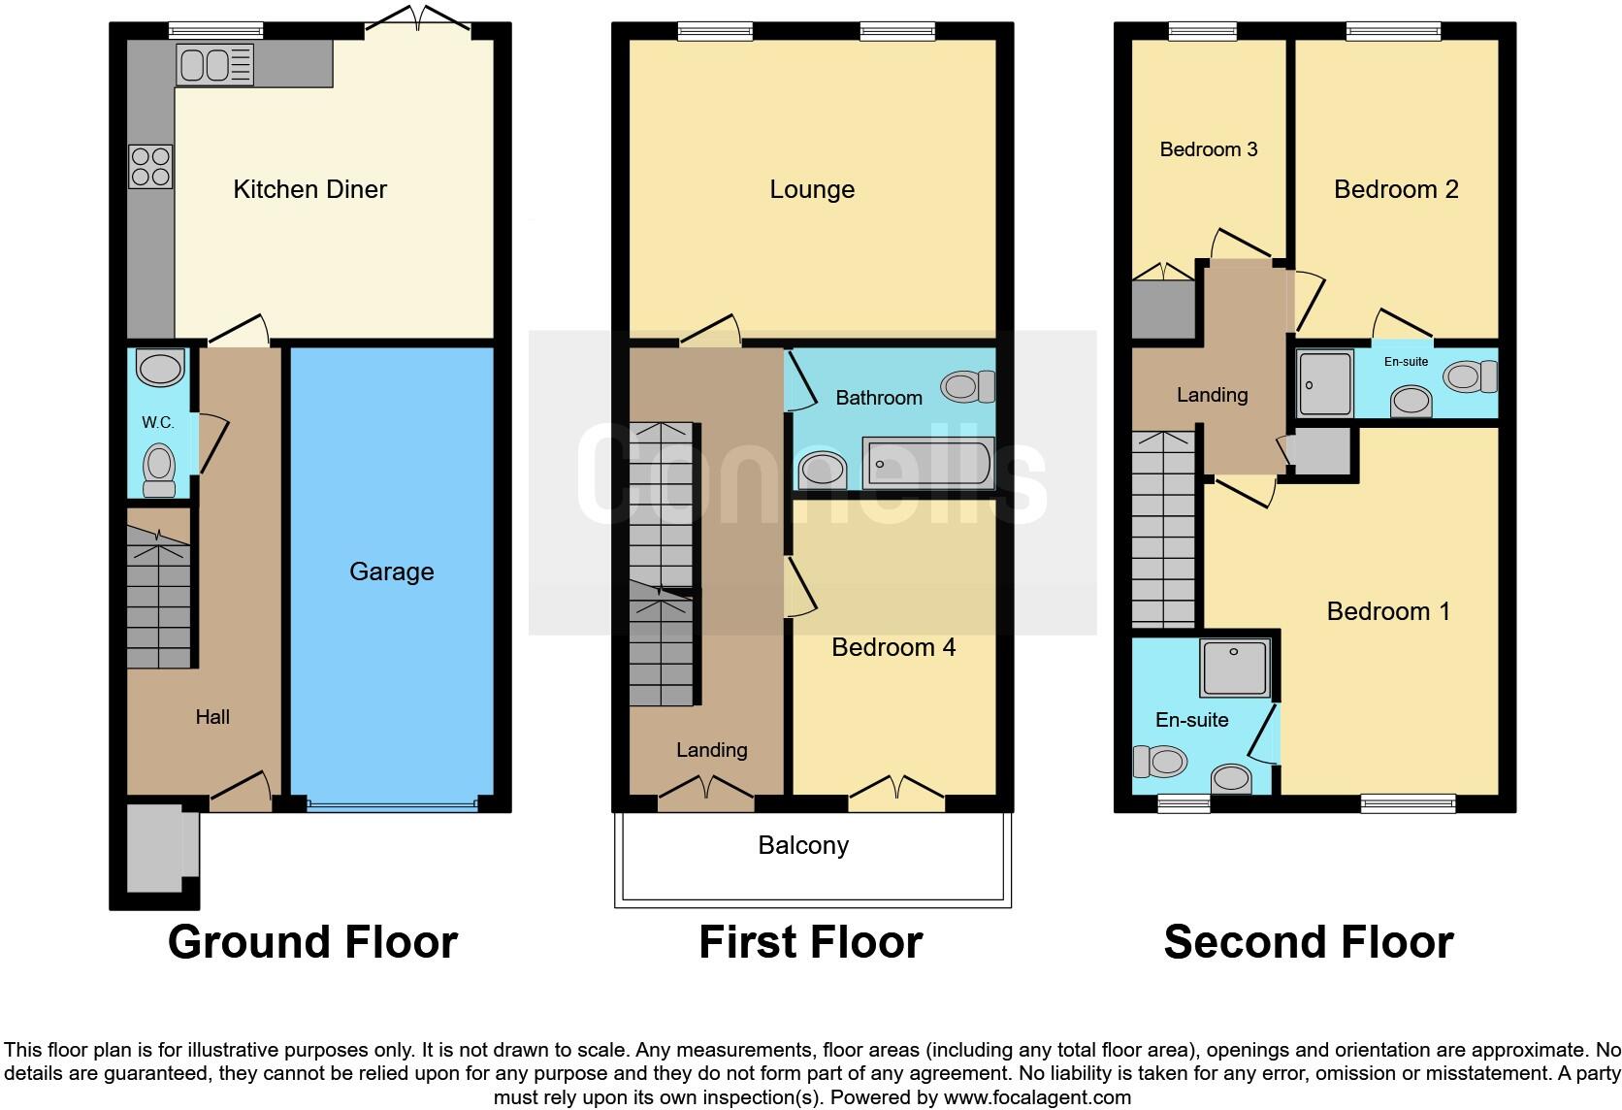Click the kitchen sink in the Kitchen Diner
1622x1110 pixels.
[x=215, y=65]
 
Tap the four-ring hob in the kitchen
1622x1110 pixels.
[x=150, y=167]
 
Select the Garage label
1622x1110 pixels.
[x=392, y=572]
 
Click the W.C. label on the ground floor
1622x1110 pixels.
[x=158, y=422]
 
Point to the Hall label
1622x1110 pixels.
[x=212, y=717]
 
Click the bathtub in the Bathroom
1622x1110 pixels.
[x=928, y=463]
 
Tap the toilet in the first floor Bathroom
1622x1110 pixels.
[x=968, y=386]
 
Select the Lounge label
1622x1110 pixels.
[x=812, y=190]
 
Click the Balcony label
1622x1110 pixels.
[x=803, y=846]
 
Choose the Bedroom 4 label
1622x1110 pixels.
[x=893, y=647]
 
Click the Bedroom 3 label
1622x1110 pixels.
[x=1209, y=149]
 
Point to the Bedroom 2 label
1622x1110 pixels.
[x=1396, y=190]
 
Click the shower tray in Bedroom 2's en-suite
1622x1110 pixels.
[x=1324, y=384]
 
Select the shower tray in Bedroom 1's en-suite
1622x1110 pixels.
[x=1235, y=668]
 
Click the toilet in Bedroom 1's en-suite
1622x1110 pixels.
[x=1159, y=762]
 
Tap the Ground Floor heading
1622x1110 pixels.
[x=312, y=942]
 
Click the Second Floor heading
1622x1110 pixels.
[x=1309, y=942]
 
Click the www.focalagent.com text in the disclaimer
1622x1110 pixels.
[x=1037, y=1097]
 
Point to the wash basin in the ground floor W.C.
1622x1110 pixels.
[x=160, y=369]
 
